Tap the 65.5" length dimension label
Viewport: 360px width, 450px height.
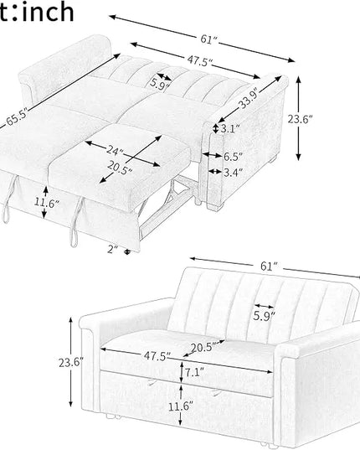(x=17, y=116)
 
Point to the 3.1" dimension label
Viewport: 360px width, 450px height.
(x=230, y=128)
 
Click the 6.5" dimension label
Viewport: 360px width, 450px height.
(x=233, y=157)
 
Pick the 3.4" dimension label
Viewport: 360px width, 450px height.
(x=233, y=173)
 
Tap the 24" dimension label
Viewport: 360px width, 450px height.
(x=115, y=150)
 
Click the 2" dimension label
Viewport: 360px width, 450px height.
(x=113, y=250)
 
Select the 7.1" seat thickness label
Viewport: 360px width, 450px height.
(x=194, y=373)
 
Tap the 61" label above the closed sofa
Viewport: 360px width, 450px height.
(x=269, y=266)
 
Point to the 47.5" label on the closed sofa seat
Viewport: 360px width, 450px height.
(x=157, y=356)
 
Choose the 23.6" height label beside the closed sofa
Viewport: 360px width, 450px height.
(x=71, y=363)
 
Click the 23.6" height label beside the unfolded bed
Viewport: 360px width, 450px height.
(x=300, y=119)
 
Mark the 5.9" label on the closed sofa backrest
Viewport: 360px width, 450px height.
(x=264, y=316)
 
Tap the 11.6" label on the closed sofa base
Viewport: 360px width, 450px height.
(x=180, y=406)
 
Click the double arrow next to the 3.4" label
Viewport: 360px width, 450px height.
(x=215, y=172)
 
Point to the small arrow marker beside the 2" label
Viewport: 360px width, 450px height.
(x=127, y=251)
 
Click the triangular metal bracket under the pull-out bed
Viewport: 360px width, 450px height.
(x=178, y=190)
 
